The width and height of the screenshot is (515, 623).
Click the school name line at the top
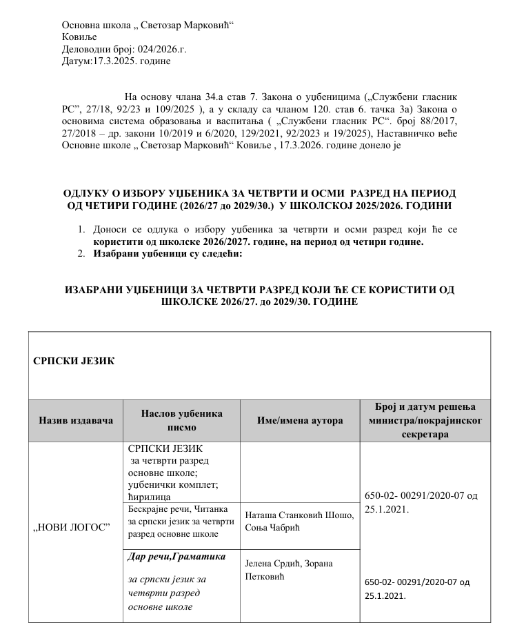click(148, 25)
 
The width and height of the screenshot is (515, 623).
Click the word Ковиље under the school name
click(79, 37)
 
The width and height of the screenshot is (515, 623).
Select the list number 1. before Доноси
click(81, 229)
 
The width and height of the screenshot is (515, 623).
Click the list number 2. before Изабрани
click(81, 253)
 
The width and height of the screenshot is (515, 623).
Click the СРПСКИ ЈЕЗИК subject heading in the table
click(74, 360)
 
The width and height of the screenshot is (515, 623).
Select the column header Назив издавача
click(75, 420)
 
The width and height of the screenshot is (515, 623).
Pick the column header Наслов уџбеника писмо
click(181, 420)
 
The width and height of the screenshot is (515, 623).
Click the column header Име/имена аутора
click(299, 420)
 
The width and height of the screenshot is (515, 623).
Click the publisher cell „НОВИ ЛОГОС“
click(72, 528)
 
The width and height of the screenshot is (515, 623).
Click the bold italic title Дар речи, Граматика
click(176, 555)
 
